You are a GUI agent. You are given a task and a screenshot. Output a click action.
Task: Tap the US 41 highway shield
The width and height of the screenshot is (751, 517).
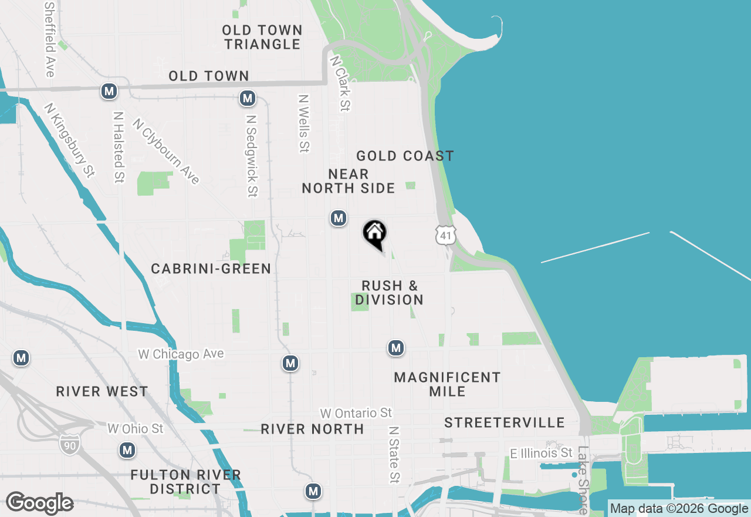tap(445, 236)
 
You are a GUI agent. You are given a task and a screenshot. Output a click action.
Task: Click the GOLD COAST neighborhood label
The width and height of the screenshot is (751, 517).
tap(405, 156)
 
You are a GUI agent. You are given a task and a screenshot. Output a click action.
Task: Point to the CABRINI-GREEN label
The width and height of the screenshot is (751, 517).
tap(211, 269)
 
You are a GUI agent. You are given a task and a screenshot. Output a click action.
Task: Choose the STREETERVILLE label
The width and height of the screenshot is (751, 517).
tap(505, 422)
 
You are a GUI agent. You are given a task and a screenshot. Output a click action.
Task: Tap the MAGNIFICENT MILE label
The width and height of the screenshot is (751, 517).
tap(447, 384)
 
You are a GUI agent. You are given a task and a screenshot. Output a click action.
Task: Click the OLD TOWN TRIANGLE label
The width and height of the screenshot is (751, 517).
tap(262, 37)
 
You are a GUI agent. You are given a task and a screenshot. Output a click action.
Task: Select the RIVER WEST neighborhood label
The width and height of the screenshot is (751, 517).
tap(102, 392)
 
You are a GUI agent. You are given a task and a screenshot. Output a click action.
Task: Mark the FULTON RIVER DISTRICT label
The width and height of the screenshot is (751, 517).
tap(185, 482)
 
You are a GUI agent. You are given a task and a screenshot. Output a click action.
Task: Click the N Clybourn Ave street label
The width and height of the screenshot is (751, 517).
tap(166, 152)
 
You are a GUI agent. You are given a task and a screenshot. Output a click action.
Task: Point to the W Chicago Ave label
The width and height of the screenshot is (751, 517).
tap(181, 354)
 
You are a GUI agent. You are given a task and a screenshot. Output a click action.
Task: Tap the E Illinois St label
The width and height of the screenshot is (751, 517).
tap(541, 453)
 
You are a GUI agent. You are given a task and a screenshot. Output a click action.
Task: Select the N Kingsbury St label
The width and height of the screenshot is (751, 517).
tap(70, 140)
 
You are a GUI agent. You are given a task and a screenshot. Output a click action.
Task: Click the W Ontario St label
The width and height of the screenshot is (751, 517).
tap(356, 414)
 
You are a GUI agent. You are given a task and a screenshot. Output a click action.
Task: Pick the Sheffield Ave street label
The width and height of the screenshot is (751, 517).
tap(49, 39)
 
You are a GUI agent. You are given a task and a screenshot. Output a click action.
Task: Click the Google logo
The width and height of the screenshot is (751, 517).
tap(39, 503)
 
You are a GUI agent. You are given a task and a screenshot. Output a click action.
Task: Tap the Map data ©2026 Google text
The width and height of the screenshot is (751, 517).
tap(679, 509)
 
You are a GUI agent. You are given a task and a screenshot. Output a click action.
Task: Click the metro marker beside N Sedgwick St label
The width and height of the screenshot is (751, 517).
tap(248, 98)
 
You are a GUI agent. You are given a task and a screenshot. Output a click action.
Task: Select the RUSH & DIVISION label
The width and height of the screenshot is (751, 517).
tap(390, 293)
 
